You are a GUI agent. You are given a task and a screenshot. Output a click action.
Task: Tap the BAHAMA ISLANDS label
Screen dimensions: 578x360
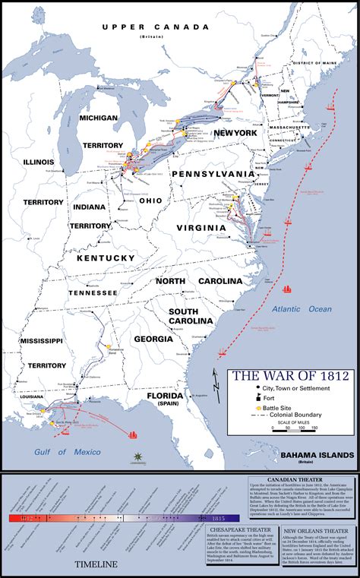tap(316, 454)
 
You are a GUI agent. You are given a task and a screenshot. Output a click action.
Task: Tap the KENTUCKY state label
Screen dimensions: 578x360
tap(105, 258)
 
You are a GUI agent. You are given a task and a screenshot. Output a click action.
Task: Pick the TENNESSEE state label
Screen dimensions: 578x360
tap(93, 292)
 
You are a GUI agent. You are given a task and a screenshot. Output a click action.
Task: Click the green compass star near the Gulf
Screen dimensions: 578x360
tap(137, 456)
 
